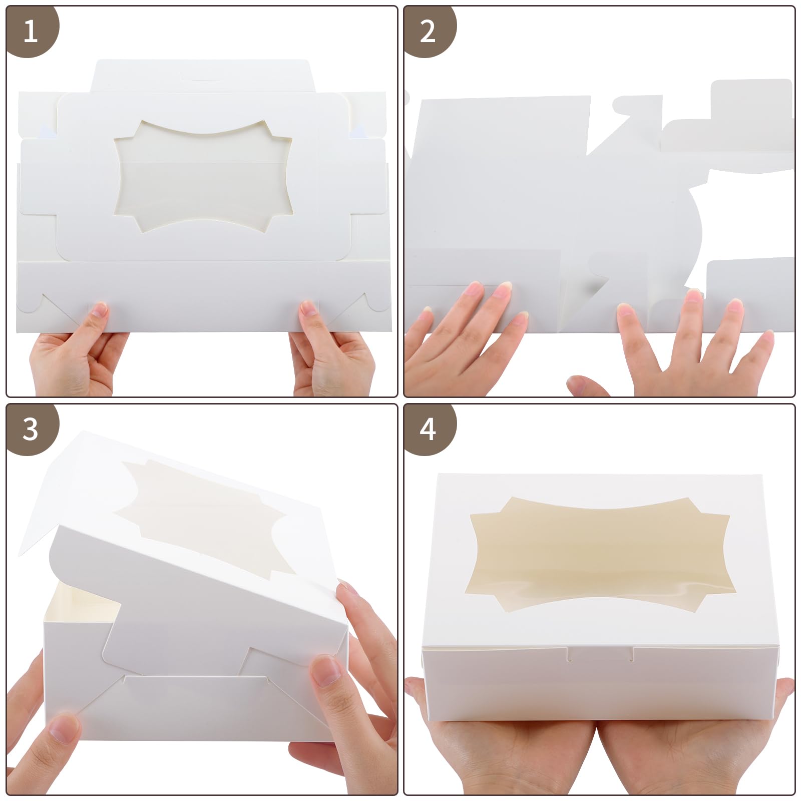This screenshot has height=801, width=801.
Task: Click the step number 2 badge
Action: (429, 31)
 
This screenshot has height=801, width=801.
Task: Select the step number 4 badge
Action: (429, 429)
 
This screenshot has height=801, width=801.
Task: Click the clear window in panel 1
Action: (203, 177)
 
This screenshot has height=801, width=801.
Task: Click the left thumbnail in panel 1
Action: (99, 309)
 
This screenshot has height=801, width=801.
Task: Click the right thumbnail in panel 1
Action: (308, 308)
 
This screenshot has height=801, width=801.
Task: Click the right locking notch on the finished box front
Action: (632, 654)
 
